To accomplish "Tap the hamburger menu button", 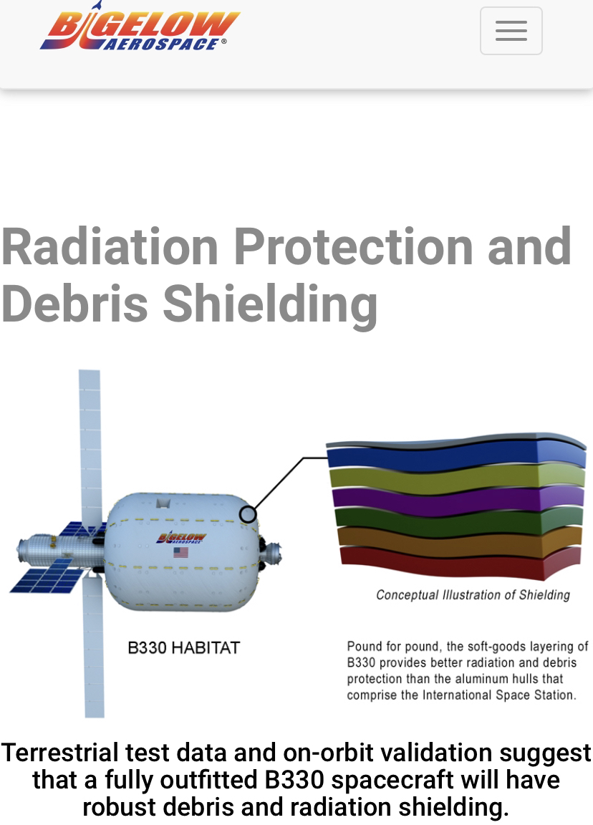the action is coord(511,31).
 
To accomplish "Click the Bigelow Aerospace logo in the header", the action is coord(140,26).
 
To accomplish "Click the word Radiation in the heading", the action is coord(110,246).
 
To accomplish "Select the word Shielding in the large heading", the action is coord(271,304).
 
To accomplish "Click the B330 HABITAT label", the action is coord(183,647).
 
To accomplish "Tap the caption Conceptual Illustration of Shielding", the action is coord(473,595).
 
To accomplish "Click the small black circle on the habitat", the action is coord(248,514).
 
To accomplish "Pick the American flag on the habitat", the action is coord(180,552).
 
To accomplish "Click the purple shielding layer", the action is coord(458,501).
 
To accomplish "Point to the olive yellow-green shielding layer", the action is coord(457,479).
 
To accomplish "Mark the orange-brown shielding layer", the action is coord(459,542).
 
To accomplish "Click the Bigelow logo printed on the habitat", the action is coord(181,538).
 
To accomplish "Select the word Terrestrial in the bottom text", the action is coord(60,753).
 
